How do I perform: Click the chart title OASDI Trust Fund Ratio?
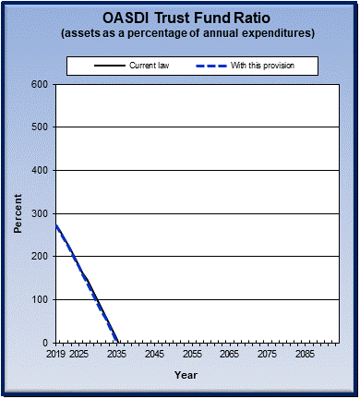coord(180,18)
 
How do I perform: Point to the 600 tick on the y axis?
coord(40,84)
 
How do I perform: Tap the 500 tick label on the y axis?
coord(40,127)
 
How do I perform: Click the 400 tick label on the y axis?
coord(40,170)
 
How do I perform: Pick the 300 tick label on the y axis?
coord(40,213)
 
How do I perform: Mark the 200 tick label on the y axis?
coord(40,256)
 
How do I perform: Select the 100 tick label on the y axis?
coord(40,299)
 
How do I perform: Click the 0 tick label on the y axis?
coord(45,343)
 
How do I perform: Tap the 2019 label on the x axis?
coord(55,354)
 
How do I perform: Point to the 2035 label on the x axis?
coord(116,354)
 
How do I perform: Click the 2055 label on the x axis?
coord(192,354)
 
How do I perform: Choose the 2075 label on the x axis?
coord(267,354)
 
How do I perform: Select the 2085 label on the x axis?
coord(305,354)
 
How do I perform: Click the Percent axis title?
coord(18,213)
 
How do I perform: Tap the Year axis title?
coord(186,375)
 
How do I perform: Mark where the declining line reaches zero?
coord(117,342)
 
